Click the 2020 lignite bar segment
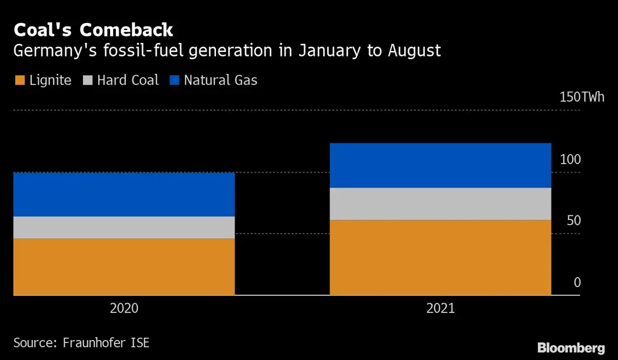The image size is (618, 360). click(124, 266)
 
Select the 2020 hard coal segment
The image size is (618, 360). click(124, 227)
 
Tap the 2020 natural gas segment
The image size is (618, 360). click(124, 194)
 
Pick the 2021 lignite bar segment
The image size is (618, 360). click(440, 257)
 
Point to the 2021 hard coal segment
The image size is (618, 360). click(440, 204)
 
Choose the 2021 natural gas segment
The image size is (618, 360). click(440, 165)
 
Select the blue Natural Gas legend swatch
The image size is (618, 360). click(174, 80)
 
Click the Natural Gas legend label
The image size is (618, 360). click(221, 80)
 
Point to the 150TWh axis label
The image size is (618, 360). click(582, 97)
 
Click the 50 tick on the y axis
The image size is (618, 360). click(573, 221)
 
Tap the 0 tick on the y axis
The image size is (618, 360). click(577, 282)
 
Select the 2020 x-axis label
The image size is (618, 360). click(124, 308)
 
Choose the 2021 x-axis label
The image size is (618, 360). click(440, 308)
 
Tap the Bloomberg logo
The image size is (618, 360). click(571, 347)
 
